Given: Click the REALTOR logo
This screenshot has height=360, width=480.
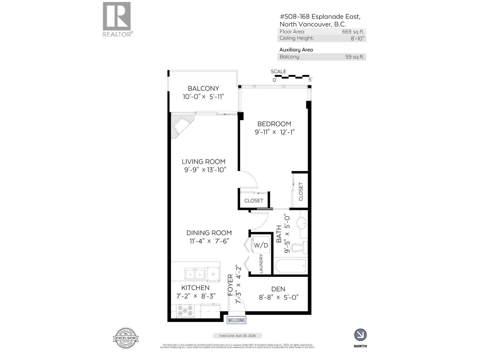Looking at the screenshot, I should click(x=117, y=19).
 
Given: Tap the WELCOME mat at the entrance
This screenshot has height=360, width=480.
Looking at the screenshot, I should click(x=236, y=320).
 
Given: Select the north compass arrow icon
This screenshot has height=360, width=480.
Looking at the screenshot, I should click(x=360, y=335).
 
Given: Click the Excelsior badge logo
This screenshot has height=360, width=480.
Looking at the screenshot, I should click(x=126, y=338).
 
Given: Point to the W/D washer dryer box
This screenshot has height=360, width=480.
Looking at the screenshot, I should click(x=261, y=245).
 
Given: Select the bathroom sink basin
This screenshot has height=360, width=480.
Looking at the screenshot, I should click(x=301, y=223).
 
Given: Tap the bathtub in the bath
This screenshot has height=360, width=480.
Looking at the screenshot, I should click(x=290, y=265).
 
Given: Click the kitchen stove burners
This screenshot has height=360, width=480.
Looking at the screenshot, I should click(x=185, y=310).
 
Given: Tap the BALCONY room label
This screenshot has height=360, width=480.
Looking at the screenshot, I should click(x=203, y=88).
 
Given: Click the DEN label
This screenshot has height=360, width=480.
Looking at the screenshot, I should click(x=278, y=289).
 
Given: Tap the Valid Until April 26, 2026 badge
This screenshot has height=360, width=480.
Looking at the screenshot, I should click(x=237, y=336).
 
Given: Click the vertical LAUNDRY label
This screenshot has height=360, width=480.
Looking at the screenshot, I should click(x=261, y=264).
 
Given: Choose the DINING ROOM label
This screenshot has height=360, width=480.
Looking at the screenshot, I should click(x=209, y=233).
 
